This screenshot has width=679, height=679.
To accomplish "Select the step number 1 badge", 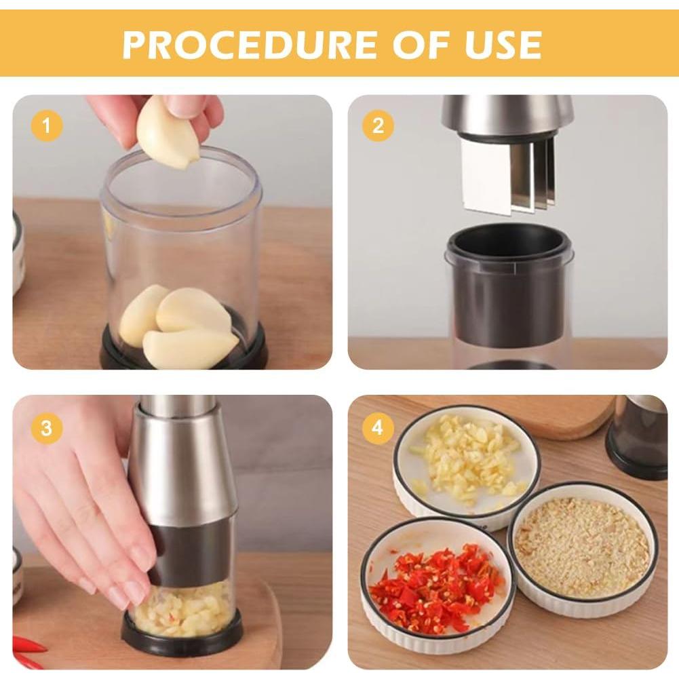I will [46, 126].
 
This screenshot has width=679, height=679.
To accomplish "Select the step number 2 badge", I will [378, 126].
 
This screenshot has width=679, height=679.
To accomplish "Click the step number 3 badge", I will [46, 428].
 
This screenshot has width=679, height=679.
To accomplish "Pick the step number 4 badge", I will [378, 428].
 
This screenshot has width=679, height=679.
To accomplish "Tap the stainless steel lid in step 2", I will [507, 114].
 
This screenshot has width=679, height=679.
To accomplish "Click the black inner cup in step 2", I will [509, 285].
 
